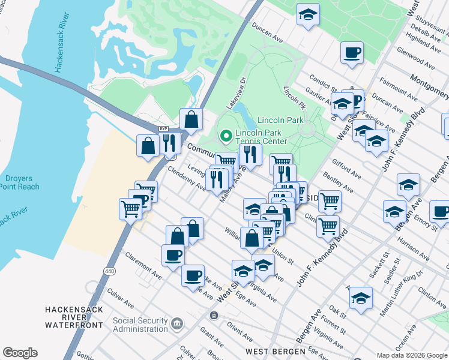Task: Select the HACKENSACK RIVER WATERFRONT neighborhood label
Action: [x=73, y=317]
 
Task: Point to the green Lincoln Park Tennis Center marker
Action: [x=226, y=137]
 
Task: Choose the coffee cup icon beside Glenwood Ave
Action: [x=352, y=52]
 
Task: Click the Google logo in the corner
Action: [x=20, y=353]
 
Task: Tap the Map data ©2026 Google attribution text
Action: [x=411, y=355]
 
